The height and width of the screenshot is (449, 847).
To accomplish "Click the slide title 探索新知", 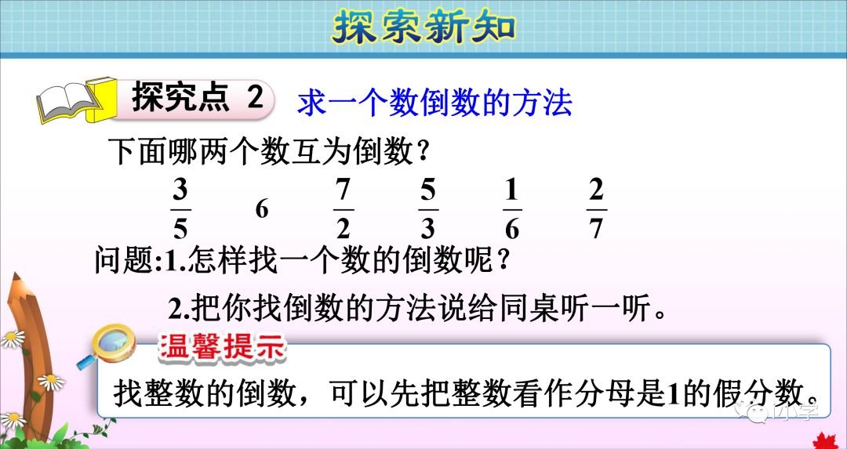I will click(423, 28).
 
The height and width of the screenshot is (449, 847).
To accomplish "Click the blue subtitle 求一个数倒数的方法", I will click(434, 103).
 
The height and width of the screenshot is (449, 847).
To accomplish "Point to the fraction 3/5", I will click(180, 209).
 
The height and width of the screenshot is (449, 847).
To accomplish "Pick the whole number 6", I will click(262, 210).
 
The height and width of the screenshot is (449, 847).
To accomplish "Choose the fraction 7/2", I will click(343, 209).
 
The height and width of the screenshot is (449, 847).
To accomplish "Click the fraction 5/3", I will click(427, 209).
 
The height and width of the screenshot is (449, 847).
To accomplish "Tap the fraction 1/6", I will click(512, 209).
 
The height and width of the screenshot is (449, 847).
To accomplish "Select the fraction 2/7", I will click(597, 209).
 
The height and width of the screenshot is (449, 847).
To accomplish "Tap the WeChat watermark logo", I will click(757, 411).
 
